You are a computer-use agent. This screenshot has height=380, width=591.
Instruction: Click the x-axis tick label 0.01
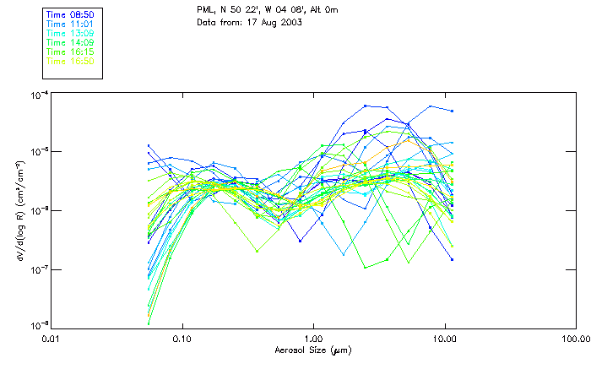pos(52,339)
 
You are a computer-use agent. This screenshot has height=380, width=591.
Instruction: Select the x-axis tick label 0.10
pos(182,339)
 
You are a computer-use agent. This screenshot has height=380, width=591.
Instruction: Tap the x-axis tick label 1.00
pos(314,339)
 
